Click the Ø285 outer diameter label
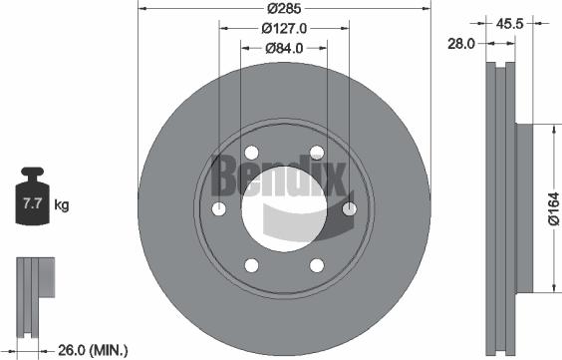[283, 9]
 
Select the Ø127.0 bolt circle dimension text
[283, 29]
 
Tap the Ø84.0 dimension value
[283, 48]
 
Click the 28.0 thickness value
[460, 44]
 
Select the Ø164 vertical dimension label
[553, 208]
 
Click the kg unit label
[62, 205]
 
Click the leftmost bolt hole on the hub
[219, 208]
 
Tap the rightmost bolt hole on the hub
[349, 208]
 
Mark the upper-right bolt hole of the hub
[316, 153]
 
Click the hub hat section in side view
[526, 208]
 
